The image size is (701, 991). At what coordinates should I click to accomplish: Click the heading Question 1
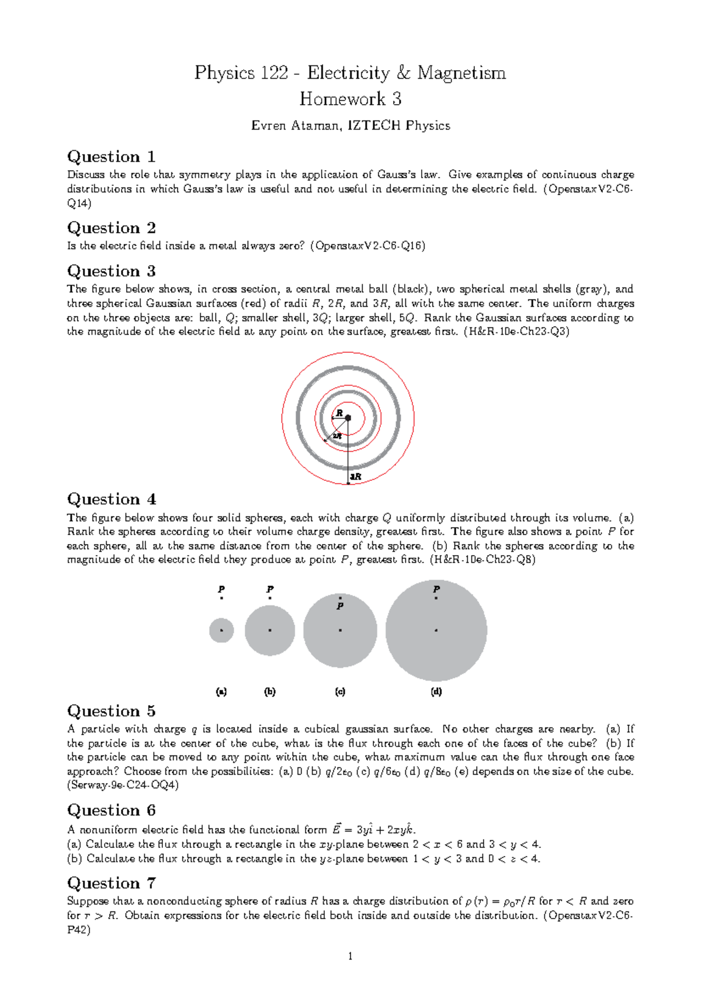111,157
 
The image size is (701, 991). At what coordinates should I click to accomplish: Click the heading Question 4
111,499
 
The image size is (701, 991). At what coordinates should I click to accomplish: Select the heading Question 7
111,883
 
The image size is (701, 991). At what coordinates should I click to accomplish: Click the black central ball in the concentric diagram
348,418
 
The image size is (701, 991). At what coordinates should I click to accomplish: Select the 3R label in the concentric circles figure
356,477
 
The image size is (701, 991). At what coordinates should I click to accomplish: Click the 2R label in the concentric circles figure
337,436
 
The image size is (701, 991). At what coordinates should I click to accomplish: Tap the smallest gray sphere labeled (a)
221,630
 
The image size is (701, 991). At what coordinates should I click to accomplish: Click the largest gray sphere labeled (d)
436,643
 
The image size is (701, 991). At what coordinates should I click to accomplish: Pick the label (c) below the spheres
340,692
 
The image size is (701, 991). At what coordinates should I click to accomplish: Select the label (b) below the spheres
270,692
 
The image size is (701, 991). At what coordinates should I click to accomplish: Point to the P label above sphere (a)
221,589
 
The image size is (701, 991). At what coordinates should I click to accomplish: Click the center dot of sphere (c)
340,630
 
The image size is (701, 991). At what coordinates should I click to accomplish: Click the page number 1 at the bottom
350,957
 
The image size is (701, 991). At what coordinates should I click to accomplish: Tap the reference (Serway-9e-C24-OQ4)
123,785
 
